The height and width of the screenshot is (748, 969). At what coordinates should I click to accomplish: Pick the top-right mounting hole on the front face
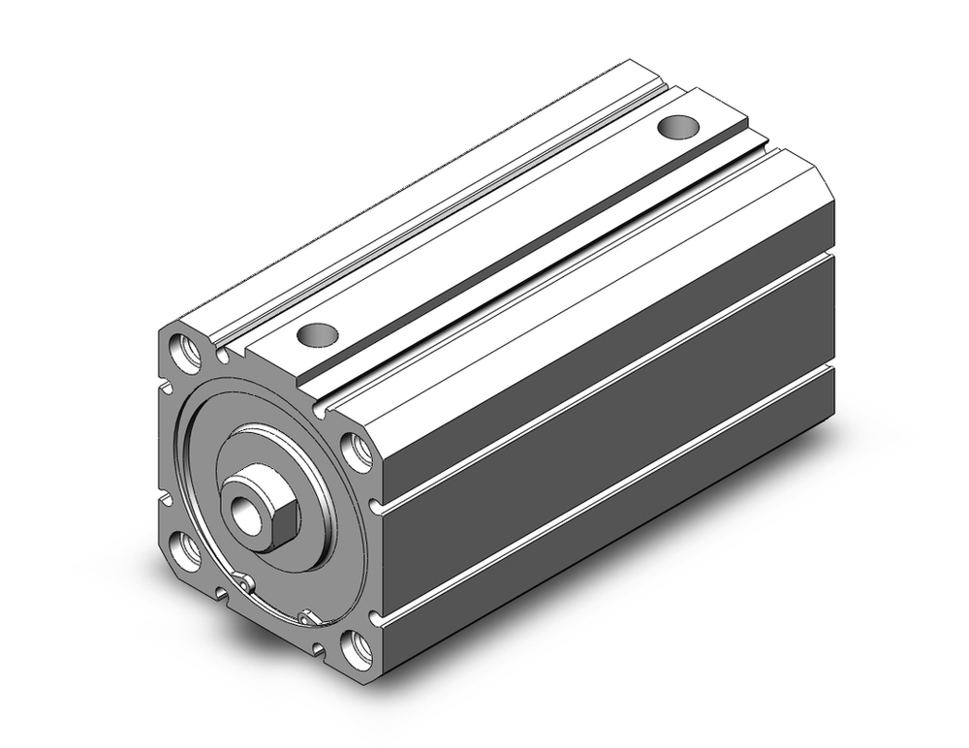click(357, 452)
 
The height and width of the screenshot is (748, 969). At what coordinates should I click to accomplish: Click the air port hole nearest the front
click(317, 335)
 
